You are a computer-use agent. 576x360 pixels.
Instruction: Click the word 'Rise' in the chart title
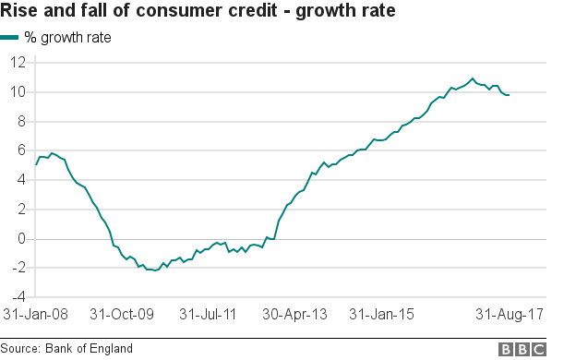tap(23, 13)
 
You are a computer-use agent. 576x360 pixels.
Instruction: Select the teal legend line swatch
tap(10, 38)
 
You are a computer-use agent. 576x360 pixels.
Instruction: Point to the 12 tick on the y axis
tap(18, 63)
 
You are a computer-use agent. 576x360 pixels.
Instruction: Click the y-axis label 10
tap(18, 92)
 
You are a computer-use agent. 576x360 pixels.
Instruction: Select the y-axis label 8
tap(21, 122)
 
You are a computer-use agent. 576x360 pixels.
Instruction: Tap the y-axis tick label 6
tap(21, 150)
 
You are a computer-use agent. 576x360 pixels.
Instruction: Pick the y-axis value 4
tap(21, 180)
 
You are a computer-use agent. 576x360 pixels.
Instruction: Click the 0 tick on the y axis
tap(21, 239)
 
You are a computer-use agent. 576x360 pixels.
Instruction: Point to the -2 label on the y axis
tap(18, 269)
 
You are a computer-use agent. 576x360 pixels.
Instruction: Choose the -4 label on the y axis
tap(18, 297)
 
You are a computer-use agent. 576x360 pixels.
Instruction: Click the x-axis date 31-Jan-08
tap(36, 315)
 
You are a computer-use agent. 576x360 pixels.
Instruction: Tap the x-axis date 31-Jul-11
tap(207, 315)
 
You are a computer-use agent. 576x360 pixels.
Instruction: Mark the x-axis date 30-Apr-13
tap(294, 315)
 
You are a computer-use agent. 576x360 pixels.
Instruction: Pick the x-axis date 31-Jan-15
tap(380, 315)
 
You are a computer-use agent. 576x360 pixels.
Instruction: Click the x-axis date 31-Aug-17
tap(509, 315)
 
